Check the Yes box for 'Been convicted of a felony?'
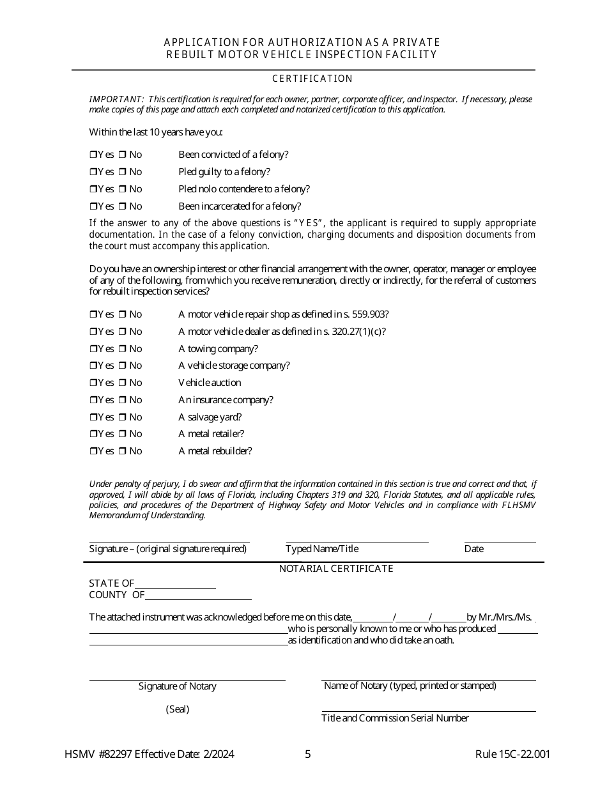point(93,155)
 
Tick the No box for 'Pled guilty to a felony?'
point(122,173)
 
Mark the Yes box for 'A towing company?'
point(93,350)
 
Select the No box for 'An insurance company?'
point(122,401)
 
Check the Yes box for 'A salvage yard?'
point(93,418)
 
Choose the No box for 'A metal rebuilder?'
point(122,452)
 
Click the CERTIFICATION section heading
point(312,79)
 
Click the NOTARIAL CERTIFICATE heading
point(336,569)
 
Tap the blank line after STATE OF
point(175,587)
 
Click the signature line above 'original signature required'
point(169,541)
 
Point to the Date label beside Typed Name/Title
point(473,549)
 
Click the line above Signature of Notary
point(187,679)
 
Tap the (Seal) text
point(178,709)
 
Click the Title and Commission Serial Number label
point(395,718)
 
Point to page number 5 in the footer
point(308,754)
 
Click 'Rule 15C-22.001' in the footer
point(512,754)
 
